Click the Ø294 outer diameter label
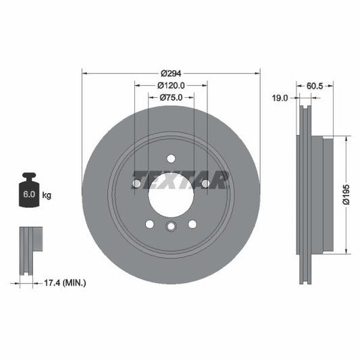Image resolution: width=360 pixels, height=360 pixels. (171, 73)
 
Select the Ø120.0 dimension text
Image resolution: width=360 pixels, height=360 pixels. (171, 86)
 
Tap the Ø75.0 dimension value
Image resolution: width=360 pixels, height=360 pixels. (171, 98)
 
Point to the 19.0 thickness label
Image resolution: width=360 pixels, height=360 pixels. (280, 98)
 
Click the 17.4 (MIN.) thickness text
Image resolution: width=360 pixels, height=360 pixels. (63, 283)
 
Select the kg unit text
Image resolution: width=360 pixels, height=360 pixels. (47, 195)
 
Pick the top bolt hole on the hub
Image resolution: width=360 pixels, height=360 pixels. (171, 159)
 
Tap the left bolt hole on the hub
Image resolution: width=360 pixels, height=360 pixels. (137, 183)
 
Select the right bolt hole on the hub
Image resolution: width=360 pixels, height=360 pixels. (205, 183)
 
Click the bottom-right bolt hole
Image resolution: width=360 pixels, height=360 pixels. (192, 224)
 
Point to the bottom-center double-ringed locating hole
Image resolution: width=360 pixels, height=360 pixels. (171, 228)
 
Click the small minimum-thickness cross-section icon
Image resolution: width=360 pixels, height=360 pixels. (29, 251)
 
